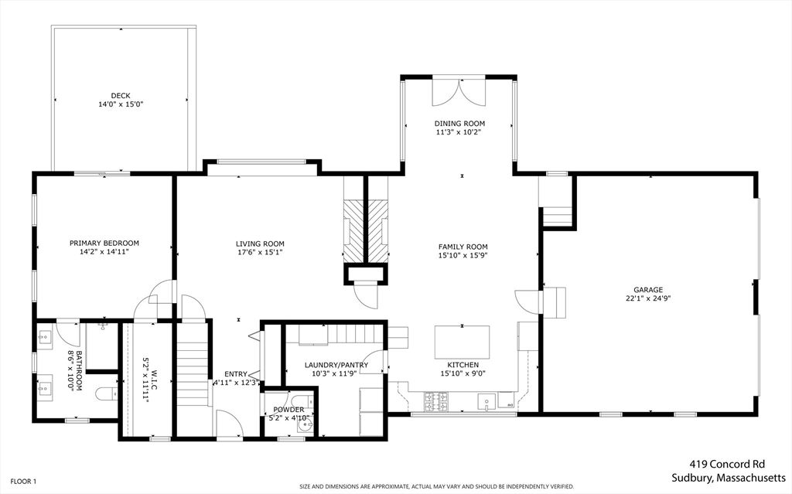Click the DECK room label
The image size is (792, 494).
pyautogui.click(x=121, y=95)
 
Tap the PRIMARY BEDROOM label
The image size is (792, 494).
pyautogui.click(x=104, y=243)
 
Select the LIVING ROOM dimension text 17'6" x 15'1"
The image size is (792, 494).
pyautogui.click(x=260, y=251)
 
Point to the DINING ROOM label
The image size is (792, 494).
pyautogui.click(x=459, y=123)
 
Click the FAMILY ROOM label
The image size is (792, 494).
pyautogui.click(x=463, y=247)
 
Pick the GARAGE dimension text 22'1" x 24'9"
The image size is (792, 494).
pyautogui.click(x=648, y=298)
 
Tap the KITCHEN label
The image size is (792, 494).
pyautogui.click(x=463, y=365)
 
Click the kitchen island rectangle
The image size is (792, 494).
pyautogui.click(x=463, y=342)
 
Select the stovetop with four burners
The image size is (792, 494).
pyautogui.click(x=436, y=401)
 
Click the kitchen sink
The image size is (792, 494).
pyautogui.click(x=487, y=401)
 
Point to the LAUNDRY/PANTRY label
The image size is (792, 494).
pyautogui.click(x=336, y=365)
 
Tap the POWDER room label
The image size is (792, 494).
pyautogui.click(x=289, y=410)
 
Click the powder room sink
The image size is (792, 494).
pyautogui.click(x=305, y=427)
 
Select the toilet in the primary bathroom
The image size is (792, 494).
pyautogui.click(x=106, y=394)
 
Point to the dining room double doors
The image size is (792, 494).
pyautogui.click(x=459, y=92)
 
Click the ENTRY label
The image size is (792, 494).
pyautogui.click(x=236, y=374)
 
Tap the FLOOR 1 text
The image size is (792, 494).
pyautogui.click(x=23, y=482)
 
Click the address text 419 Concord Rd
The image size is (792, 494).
pyautogui.click(x=727, y=464)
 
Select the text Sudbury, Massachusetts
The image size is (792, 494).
pyautogui.click(x=729, y=478)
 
